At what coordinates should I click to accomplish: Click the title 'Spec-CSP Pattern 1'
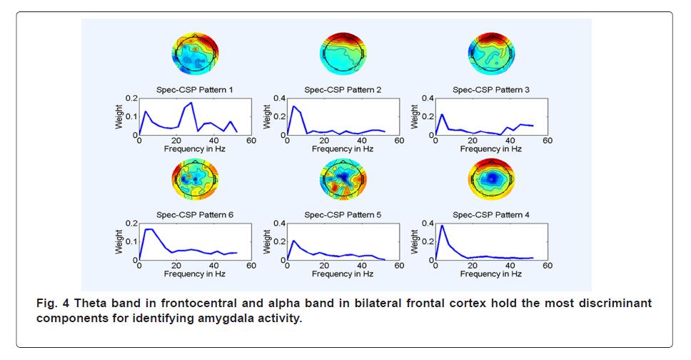click(x=195, y=90)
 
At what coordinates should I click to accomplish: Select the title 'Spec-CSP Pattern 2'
click(x=343, y=90)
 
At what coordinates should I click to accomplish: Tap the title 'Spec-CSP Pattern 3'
click(x=491, y=90)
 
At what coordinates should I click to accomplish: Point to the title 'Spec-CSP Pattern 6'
click(x=195, y=215)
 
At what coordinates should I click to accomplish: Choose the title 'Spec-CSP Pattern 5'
click(x=343, y=215)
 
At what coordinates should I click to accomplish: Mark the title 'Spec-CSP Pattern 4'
click(x=491, y=215)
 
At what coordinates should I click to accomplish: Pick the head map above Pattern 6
click(x=195, y=179)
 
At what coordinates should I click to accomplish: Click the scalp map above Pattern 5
click(x=343, y=179)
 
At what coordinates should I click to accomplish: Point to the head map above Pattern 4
click(x=491, y=179)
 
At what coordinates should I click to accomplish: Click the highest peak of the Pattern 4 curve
click(x=442, y=226)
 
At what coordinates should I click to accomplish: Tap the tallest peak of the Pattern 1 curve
click(x=191, y=103)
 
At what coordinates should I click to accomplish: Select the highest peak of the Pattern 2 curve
click(x=293, y=106)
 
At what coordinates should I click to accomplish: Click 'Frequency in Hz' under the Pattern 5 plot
click(x=343, y=274)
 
